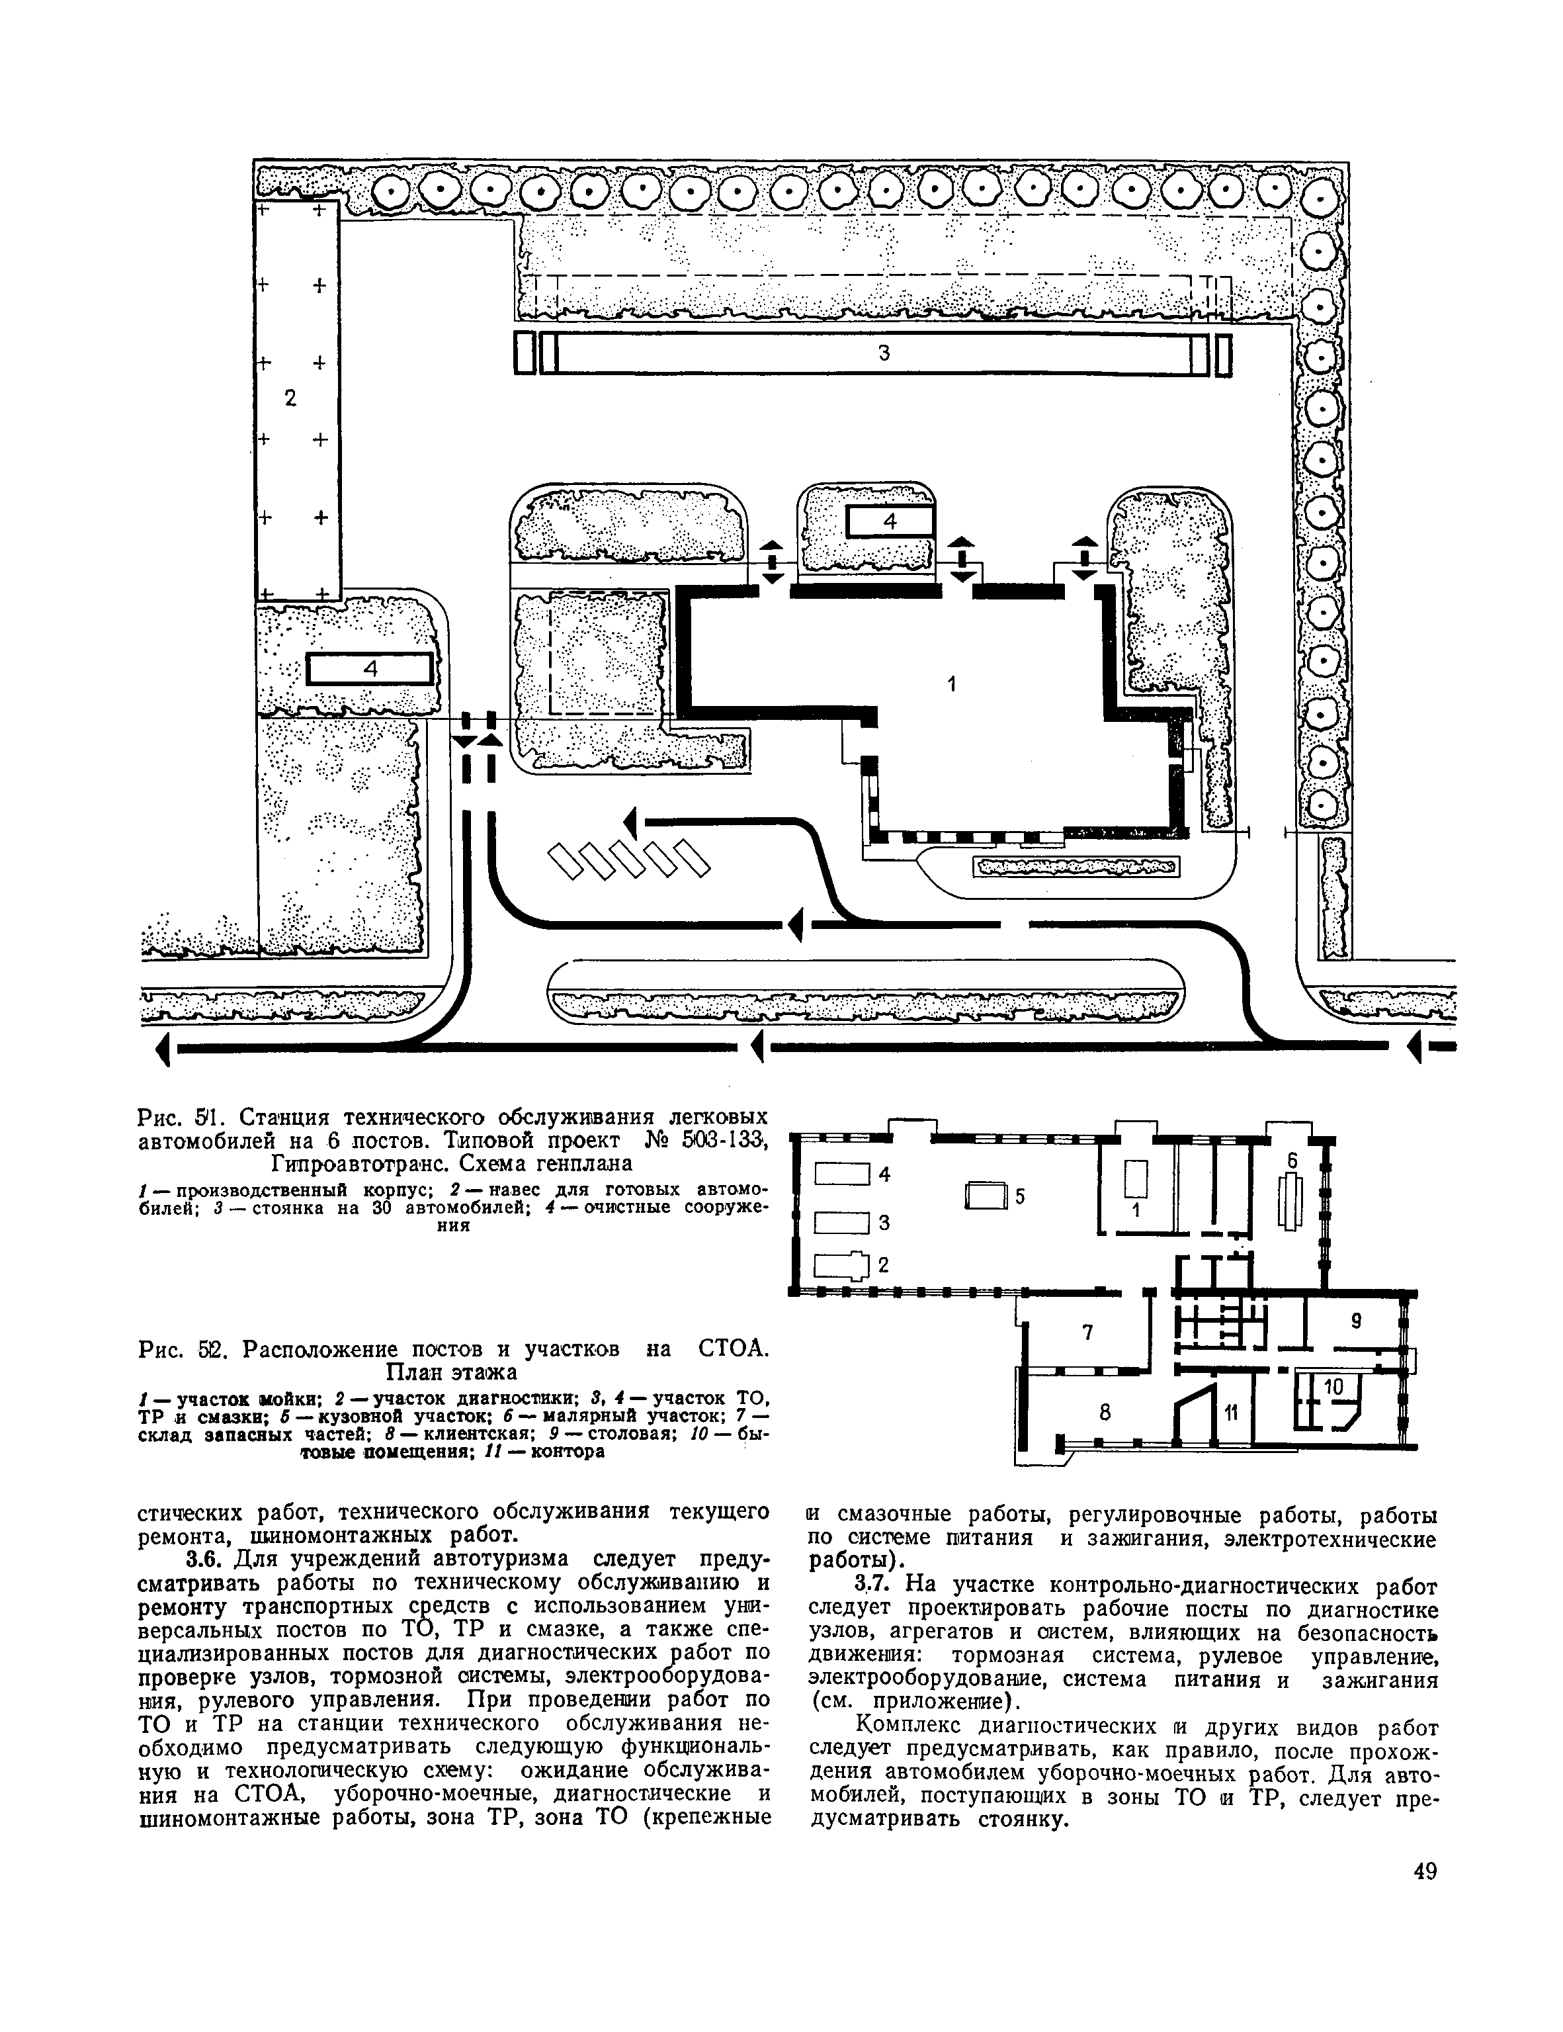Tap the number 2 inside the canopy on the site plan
pyautogui.click(x=290, y=398)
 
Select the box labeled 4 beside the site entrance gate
pyautogui.click(x=370, y=670)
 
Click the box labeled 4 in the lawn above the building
pyautogui.click(x=890, y=522)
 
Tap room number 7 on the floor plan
pyautogui.click(x=1087, y=1333)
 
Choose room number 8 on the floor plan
pyautogui.click(x=1105, y=1413)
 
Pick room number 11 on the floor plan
pyautogui.click(x=1232, y=1413)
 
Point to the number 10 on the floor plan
pyautogui.click(x=1333, y=1386)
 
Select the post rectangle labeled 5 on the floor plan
pyautogui.click(x=987, y=1196)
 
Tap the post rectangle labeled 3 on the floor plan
pyautogui.click(x=841, y=1221)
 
